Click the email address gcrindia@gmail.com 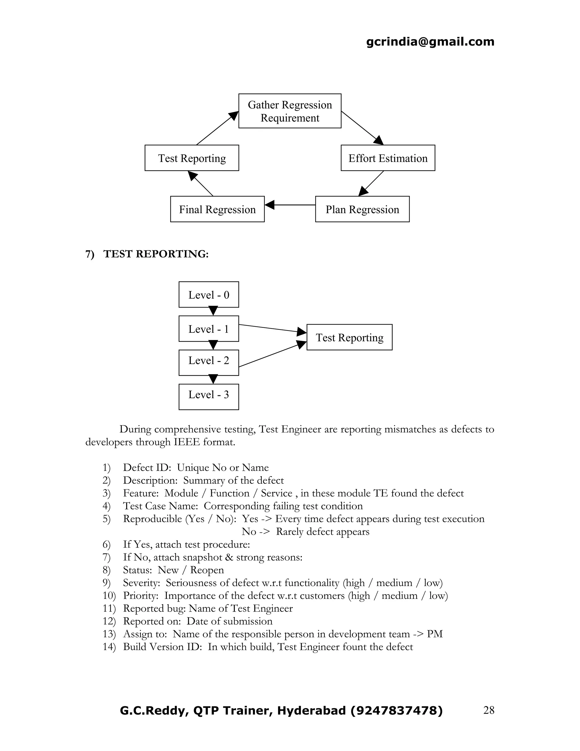tap(430, 42)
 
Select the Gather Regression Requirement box tap(290, 111)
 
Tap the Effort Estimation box tap(388, 158)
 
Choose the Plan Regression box tap(362, 209)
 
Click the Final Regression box tap(217, 209)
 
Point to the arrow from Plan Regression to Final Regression tap(290, 205)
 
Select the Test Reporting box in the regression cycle tap(192, 158)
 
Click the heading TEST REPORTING tap(156, 254)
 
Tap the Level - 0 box tap(208, 295)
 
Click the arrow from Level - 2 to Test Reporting tap(271, 354)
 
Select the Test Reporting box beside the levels tap(349, 337)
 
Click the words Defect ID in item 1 tap(147, 468)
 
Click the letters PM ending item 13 tap(435, 634)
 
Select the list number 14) tap(109, 647)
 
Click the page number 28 tap(489, 710)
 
